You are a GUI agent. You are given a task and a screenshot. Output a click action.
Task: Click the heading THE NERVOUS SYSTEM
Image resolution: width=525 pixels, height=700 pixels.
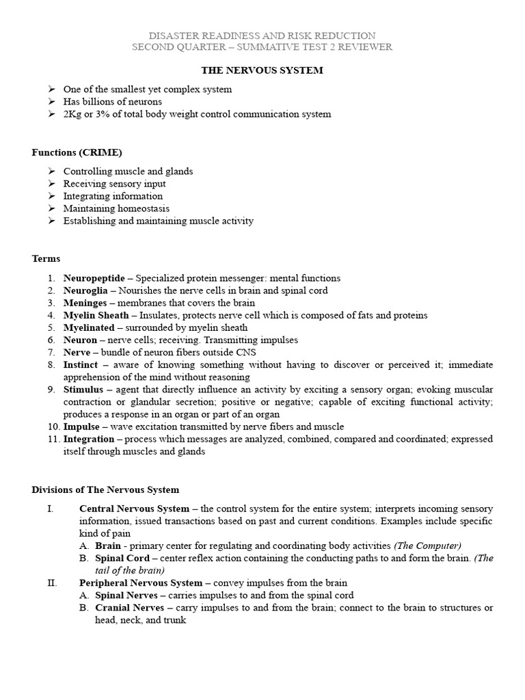pos(262,70)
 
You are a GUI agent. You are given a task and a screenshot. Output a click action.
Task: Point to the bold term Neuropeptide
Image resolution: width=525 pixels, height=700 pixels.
pos(94,278)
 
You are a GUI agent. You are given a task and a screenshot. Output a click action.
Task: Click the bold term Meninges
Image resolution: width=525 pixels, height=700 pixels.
pos(85,303)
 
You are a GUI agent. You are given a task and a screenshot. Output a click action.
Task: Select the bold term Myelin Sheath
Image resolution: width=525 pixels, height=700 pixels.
pos(96,315)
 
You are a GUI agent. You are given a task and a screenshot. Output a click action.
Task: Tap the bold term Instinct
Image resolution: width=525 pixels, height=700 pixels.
pos(81,365)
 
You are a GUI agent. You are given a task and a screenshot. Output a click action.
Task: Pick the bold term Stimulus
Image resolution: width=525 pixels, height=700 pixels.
pos(83,390)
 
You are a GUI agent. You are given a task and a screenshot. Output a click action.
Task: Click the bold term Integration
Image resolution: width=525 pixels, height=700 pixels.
pos(87,439)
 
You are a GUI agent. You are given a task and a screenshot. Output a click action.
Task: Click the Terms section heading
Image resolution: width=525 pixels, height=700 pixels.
pos(46,258)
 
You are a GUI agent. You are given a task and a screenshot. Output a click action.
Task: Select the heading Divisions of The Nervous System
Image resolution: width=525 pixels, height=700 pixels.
pos(105,489)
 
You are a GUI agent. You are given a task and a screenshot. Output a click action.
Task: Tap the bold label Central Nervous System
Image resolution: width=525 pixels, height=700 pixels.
pos(134,509)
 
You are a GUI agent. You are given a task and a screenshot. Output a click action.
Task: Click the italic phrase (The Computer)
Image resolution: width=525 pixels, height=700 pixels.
pos(428,546)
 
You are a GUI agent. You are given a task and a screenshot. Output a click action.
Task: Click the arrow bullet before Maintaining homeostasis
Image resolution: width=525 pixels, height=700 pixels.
pos(52,208)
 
